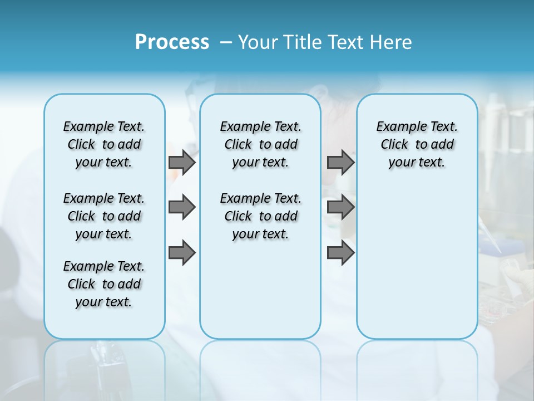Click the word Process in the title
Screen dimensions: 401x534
172,42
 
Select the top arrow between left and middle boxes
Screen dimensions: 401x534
182,162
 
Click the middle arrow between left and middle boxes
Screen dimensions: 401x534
182,207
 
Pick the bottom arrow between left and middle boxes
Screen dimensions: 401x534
182,252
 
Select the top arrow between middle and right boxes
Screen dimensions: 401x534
340,162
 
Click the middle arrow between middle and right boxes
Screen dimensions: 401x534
340,207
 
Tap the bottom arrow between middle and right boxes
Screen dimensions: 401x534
340,252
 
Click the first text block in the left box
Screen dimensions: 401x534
104,144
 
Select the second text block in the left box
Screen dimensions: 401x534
104,216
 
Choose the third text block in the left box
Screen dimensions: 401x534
104,284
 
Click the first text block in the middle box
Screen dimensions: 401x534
261,144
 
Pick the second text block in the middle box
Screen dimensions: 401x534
261,216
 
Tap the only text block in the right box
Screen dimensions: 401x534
417,144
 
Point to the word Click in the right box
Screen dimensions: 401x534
394,145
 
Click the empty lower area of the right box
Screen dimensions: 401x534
417,262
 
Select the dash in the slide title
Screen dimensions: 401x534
226,42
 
